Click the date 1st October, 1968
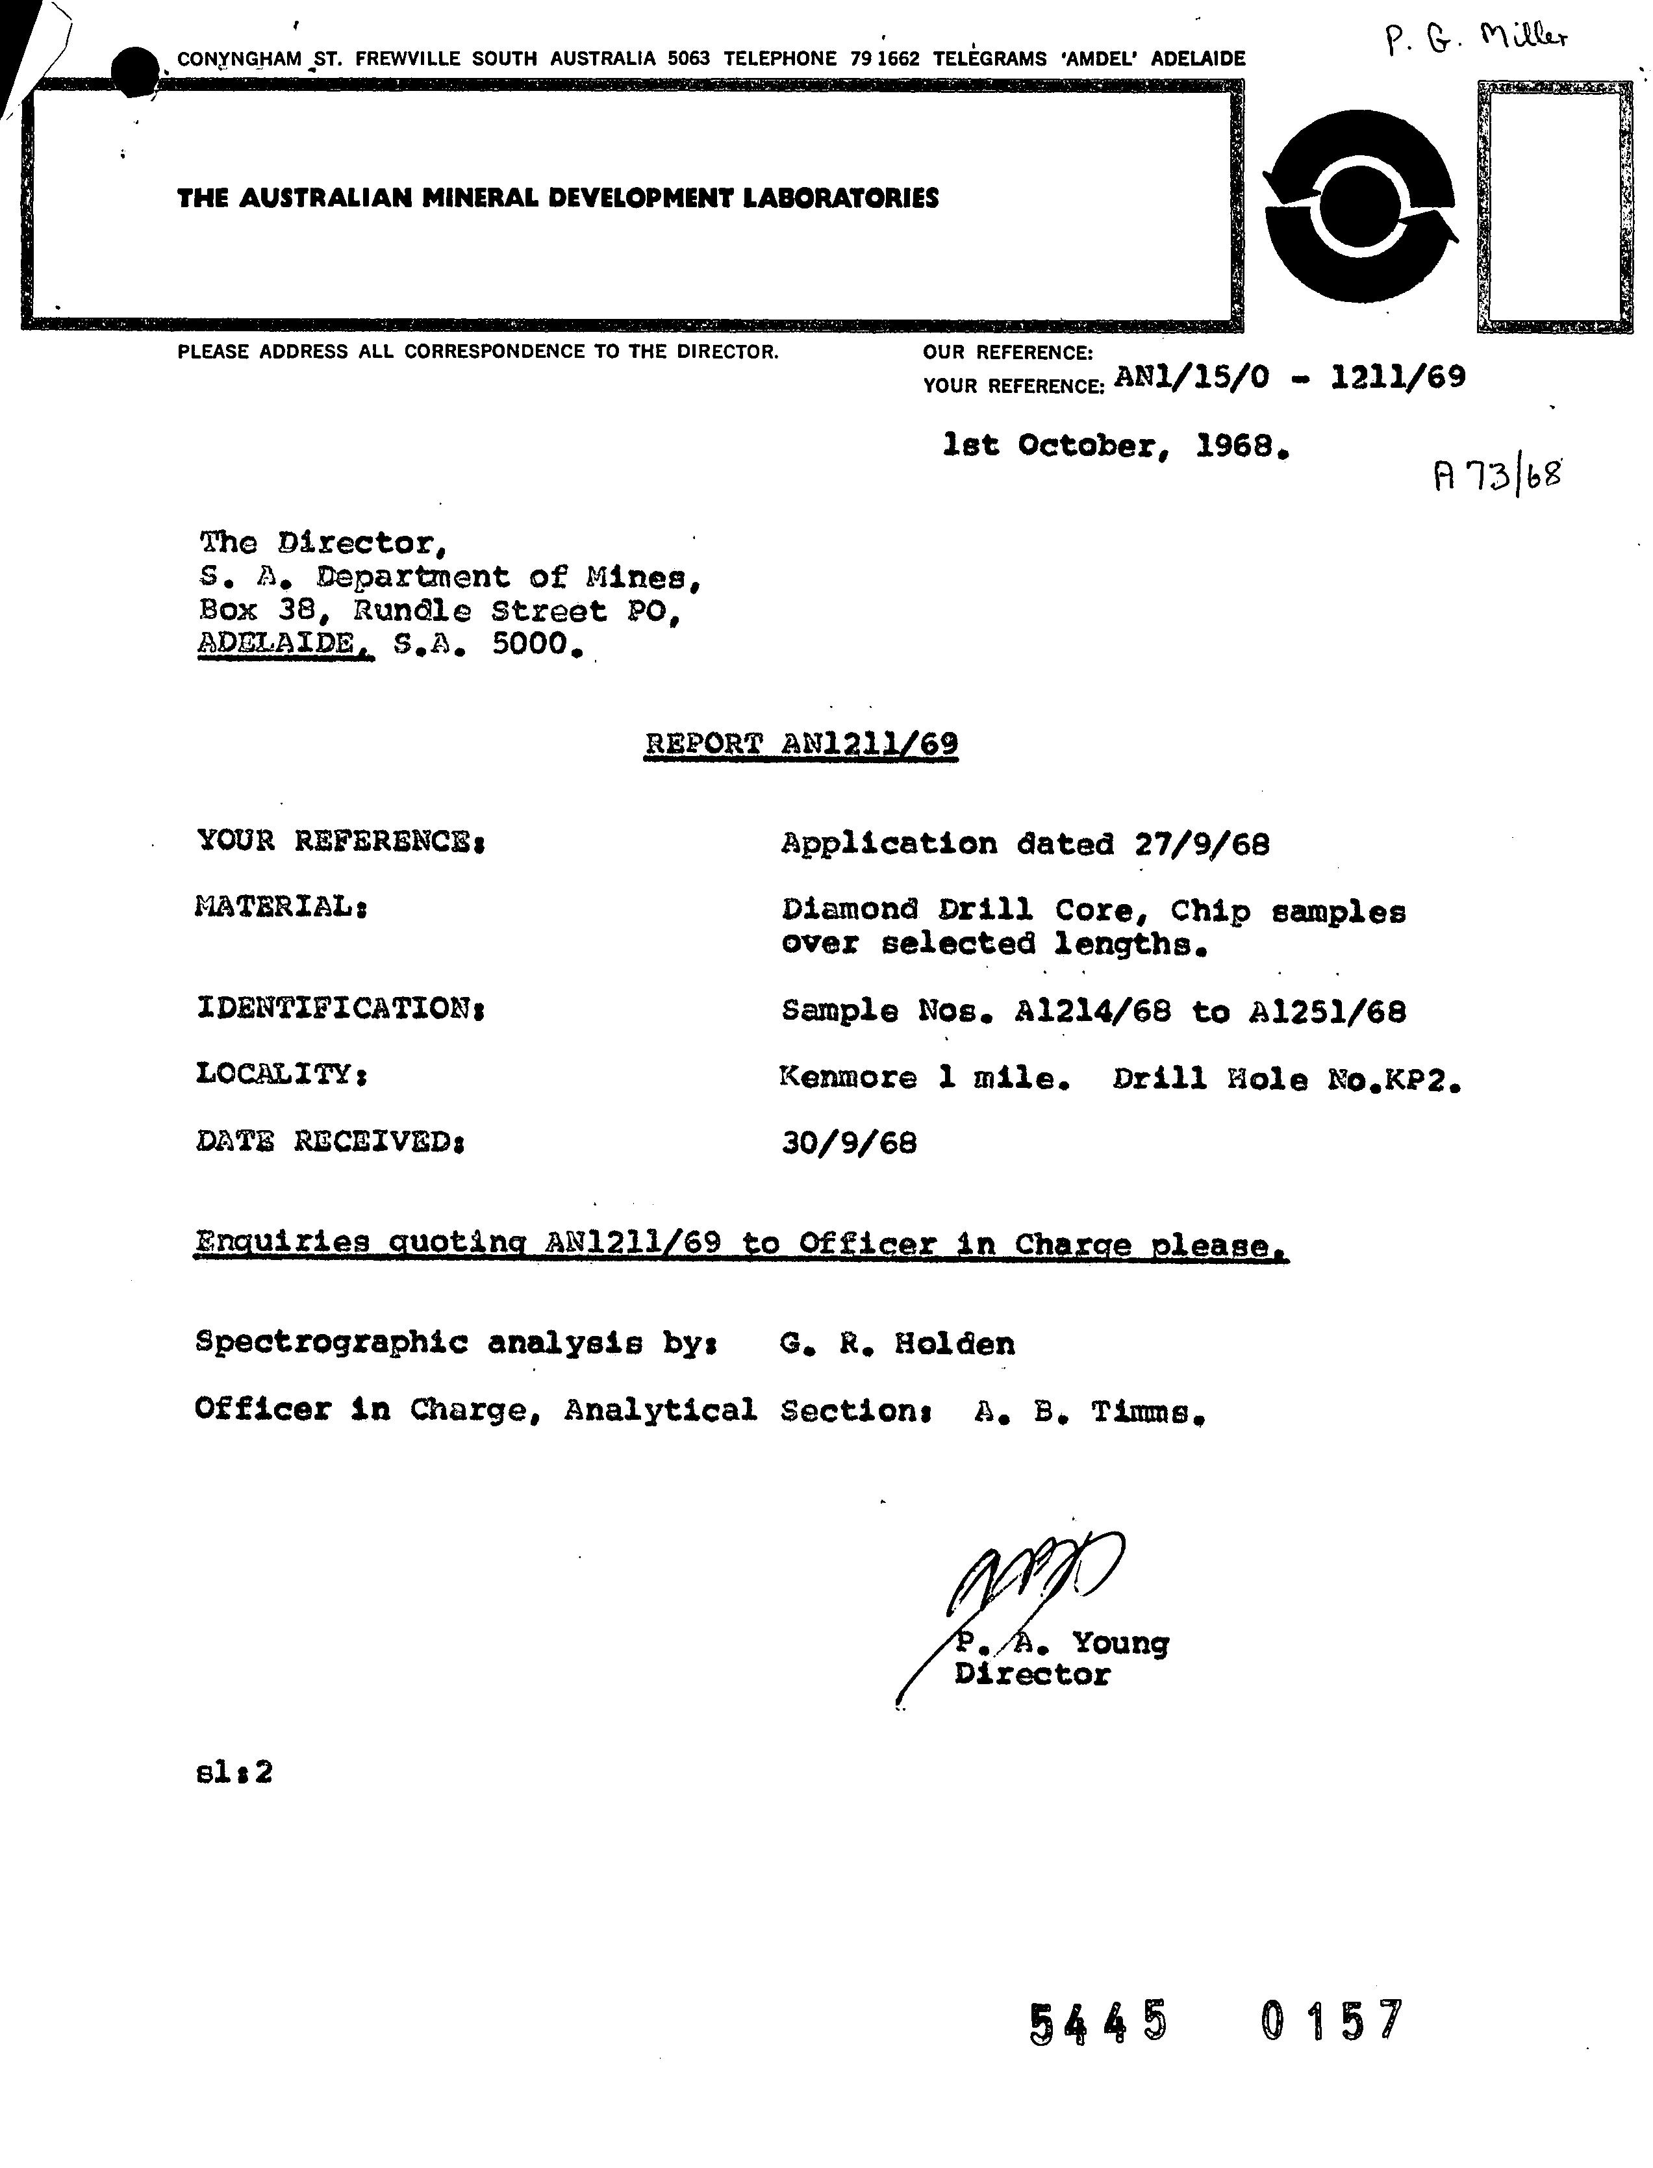click(x=1115, y=447)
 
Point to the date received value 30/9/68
click(x=849, y=1143)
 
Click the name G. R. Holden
click(x=896, y=1344)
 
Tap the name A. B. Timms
click(x=1089, y=1413)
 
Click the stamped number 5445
click(x=1098, y=2023)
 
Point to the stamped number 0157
click(x=1331, y=2023)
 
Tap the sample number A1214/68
click(x=1092, y=1011)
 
